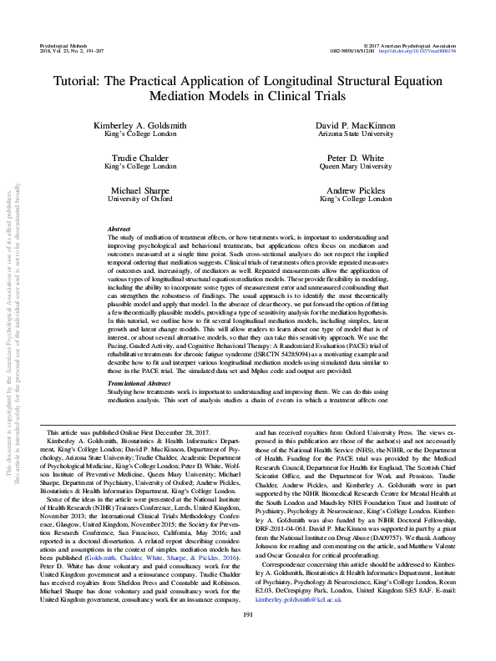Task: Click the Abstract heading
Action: coord(121,229)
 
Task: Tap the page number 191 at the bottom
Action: coord(247,638)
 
